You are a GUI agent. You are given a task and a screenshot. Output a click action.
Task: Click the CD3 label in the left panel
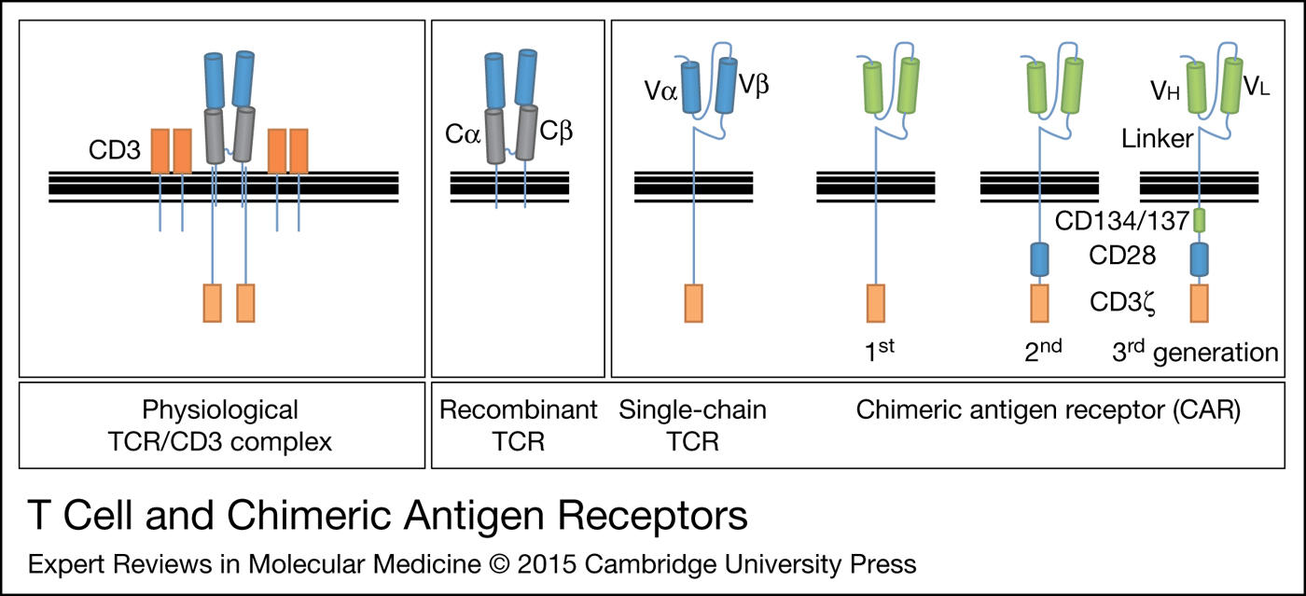(116, 151)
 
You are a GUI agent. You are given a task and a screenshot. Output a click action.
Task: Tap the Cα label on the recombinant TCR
(462, 133)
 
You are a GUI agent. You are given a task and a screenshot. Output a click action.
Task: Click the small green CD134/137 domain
(1200, 221)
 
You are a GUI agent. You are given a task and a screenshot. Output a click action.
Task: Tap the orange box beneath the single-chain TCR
(693, 303)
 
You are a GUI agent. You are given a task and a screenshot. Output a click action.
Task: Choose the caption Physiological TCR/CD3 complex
(220, 424)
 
